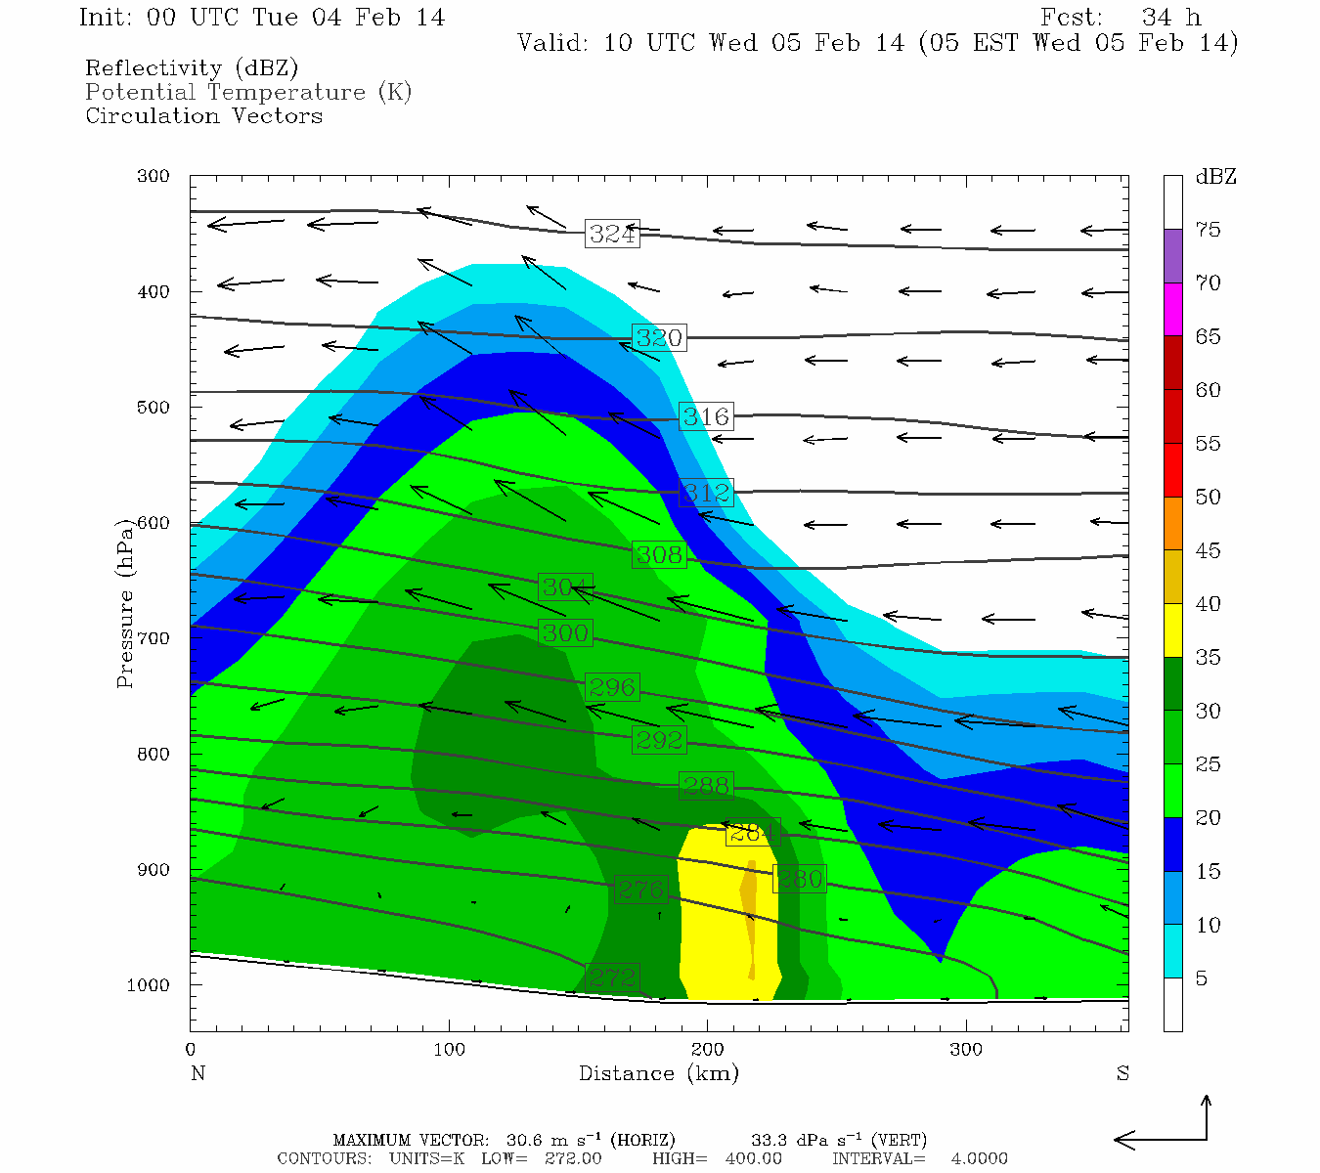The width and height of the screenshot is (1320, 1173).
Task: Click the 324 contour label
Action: pyautogui.click(x=612, y=234)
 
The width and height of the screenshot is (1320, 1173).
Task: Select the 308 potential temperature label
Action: pyautogui.click(x=659, y=555)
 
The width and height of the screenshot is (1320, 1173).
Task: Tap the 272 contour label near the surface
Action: pyautogui.click(x=612, y=977)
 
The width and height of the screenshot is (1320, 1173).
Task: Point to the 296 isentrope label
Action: pyautogui.click(x=612, y=687)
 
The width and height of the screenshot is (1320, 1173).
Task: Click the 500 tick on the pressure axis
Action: pyautogui.click(x=154, y=408)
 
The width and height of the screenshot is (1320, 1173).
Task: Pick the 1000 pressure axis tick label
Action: pyautogui.click(x=149, y=985)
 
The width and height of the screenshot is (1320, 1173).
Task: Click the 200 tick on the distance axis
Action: pyautogui.click(x=708, y=1050)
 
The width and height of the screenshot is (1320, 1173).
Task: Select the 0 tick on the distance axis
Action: pyautogui.click(x=191, y=1050)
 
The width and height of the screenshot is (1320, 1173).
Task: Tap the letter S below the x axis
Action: pyautogui.click(x=1122, y=1073)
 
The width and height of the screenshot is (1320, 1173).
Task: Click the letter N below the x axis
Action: pyautogui.click(x=198, y=1073)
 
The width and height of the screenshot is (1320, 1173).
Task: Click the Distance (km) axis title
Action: pyautogui.click(x=658, y=1073)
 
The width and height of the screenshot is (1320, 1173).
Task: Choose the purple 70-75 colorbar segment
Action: pyautogui.click(x=1172, y=256)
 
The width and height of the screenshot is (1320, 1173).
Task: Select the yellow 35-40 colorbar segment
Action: pyautogui.click(x=1172, y=630)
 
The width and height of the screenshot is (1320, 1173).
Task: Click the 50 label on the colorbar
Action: pyautogui.click(x=1208, y=498)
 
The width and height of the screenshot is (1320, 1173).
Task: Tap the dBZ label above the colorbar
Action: pyautogui.click(x=1215, y=177)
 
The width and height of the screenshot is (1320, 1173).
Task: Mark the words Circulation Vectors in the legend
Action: pyautogui.click(x=203, y=116)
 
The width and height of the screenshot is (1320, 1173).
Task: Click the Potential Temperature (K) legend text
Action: pyautogui.click(x=248, y=93)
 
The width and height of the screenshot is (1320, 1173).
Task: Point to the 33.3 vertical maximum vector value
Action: pyautogui.click(x=769, y=1140)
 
